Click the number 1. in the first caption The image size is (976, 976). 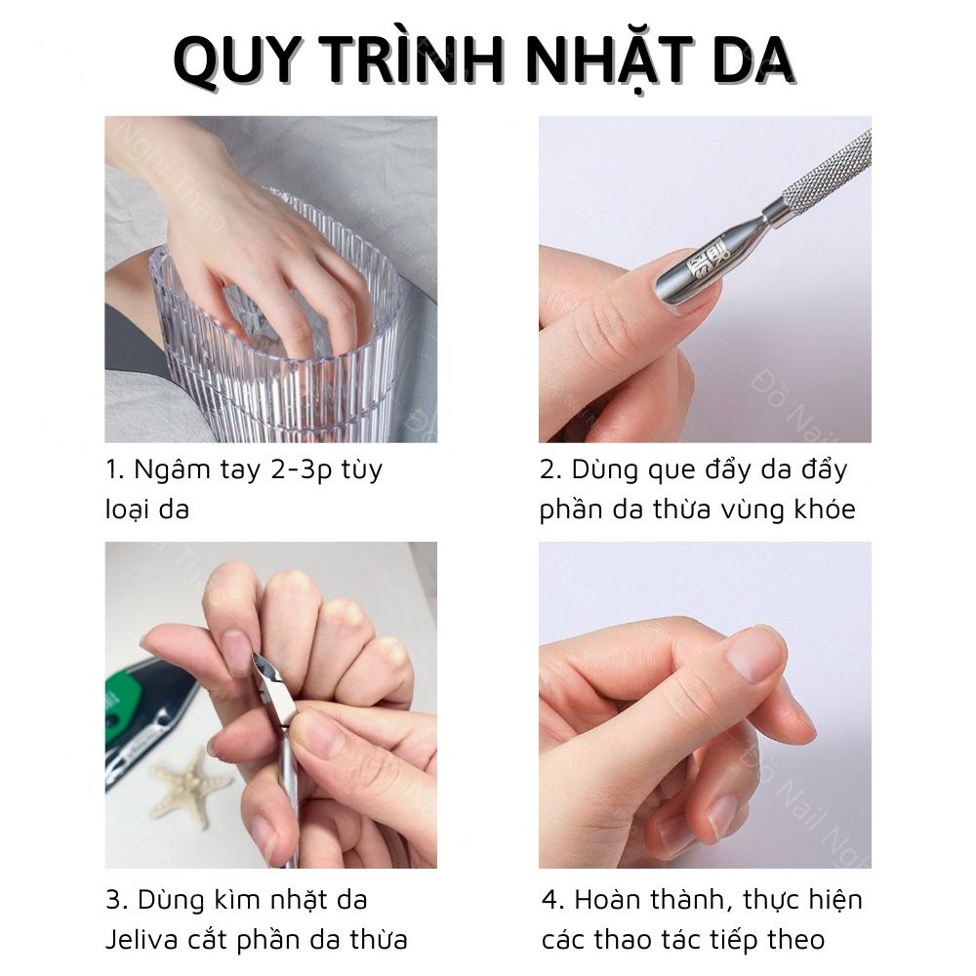point(115,469)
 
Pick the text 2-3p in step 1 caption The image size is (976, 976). point(298,469)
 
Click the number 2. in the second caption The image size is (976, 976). point(551,469)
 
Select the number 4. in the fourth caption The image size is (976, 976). point(552,899)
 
